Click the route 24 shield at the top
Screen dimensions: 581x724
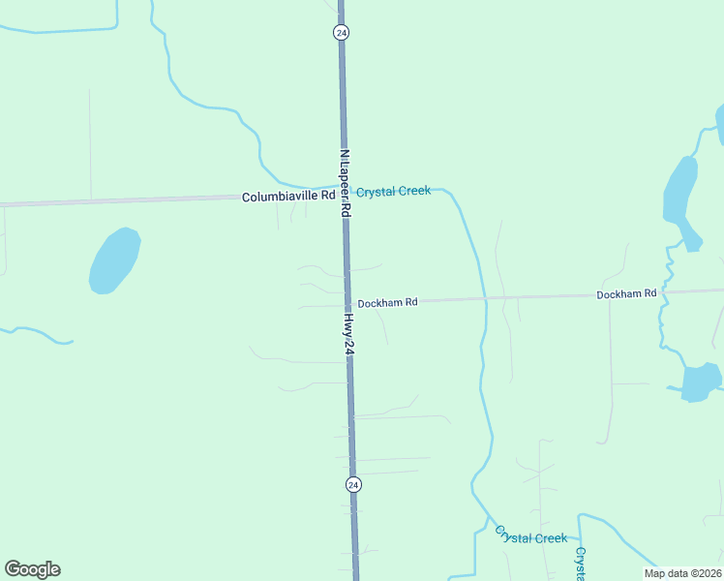[x=341, y=32]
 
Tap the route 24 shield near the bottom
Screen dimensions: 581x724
[x=353, y=484]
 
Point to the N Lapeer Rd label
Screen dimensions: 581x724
[x=344, y=175]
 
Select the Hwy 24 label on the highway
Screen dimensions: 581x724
[x=348, y=333]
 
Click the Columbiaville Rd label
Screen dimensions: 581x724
[x=288, y=197]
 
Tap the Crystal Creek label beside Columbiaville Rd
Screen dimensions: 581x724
[x=393, y=192]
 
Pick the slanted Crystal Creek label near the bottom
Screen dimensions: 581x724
[x=530, y=536]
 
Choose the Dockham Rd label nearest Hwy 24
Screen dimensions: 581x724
[x=387, y=303]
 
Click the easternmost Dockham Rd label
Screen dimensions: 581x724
[x=626, y=293]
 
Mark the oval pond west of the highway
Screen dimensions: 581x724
[x=114, y=260]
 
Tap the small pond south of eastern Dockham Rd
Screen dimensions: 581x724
[x=701, y=382]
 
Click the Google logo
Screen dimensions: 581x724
[x=32, y=569]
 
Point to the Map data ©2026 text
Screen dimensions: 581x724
[x=682, y=573]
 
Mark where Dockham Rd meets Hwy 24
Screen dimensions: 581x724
[x=347, y=304]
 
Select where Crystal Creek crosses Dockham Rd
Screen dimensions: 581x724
[x=484, y=298]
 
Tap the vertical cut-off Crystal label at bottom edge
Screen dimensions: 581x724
[x=580, y=564]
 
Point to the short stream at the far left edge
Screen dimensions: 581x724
[x=39, y=334]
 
